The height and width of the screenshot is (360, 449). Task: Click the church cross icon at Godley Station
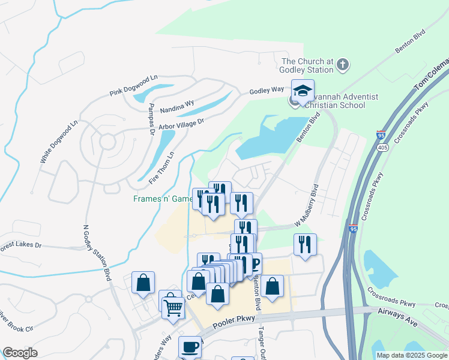[343, 65]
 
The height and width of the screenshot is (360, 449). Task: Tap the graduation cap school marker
[303, 91]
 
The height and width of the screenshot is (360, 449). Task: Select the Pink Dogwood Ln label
[133, 86]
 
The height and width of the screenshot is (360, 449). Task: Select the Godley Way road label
[267, 90]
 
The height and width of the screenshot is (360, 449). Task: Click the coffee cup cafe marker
[190, 347]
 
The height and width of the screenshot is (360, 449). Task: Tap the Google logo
[20, 353]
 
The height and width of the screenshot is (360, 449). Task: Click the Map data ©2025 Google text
[412, 355]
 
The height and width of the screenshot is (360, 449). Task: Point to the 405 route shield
[382, 148]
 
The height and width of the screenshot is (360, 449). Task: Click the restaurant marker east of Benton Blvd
[305, 244]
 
